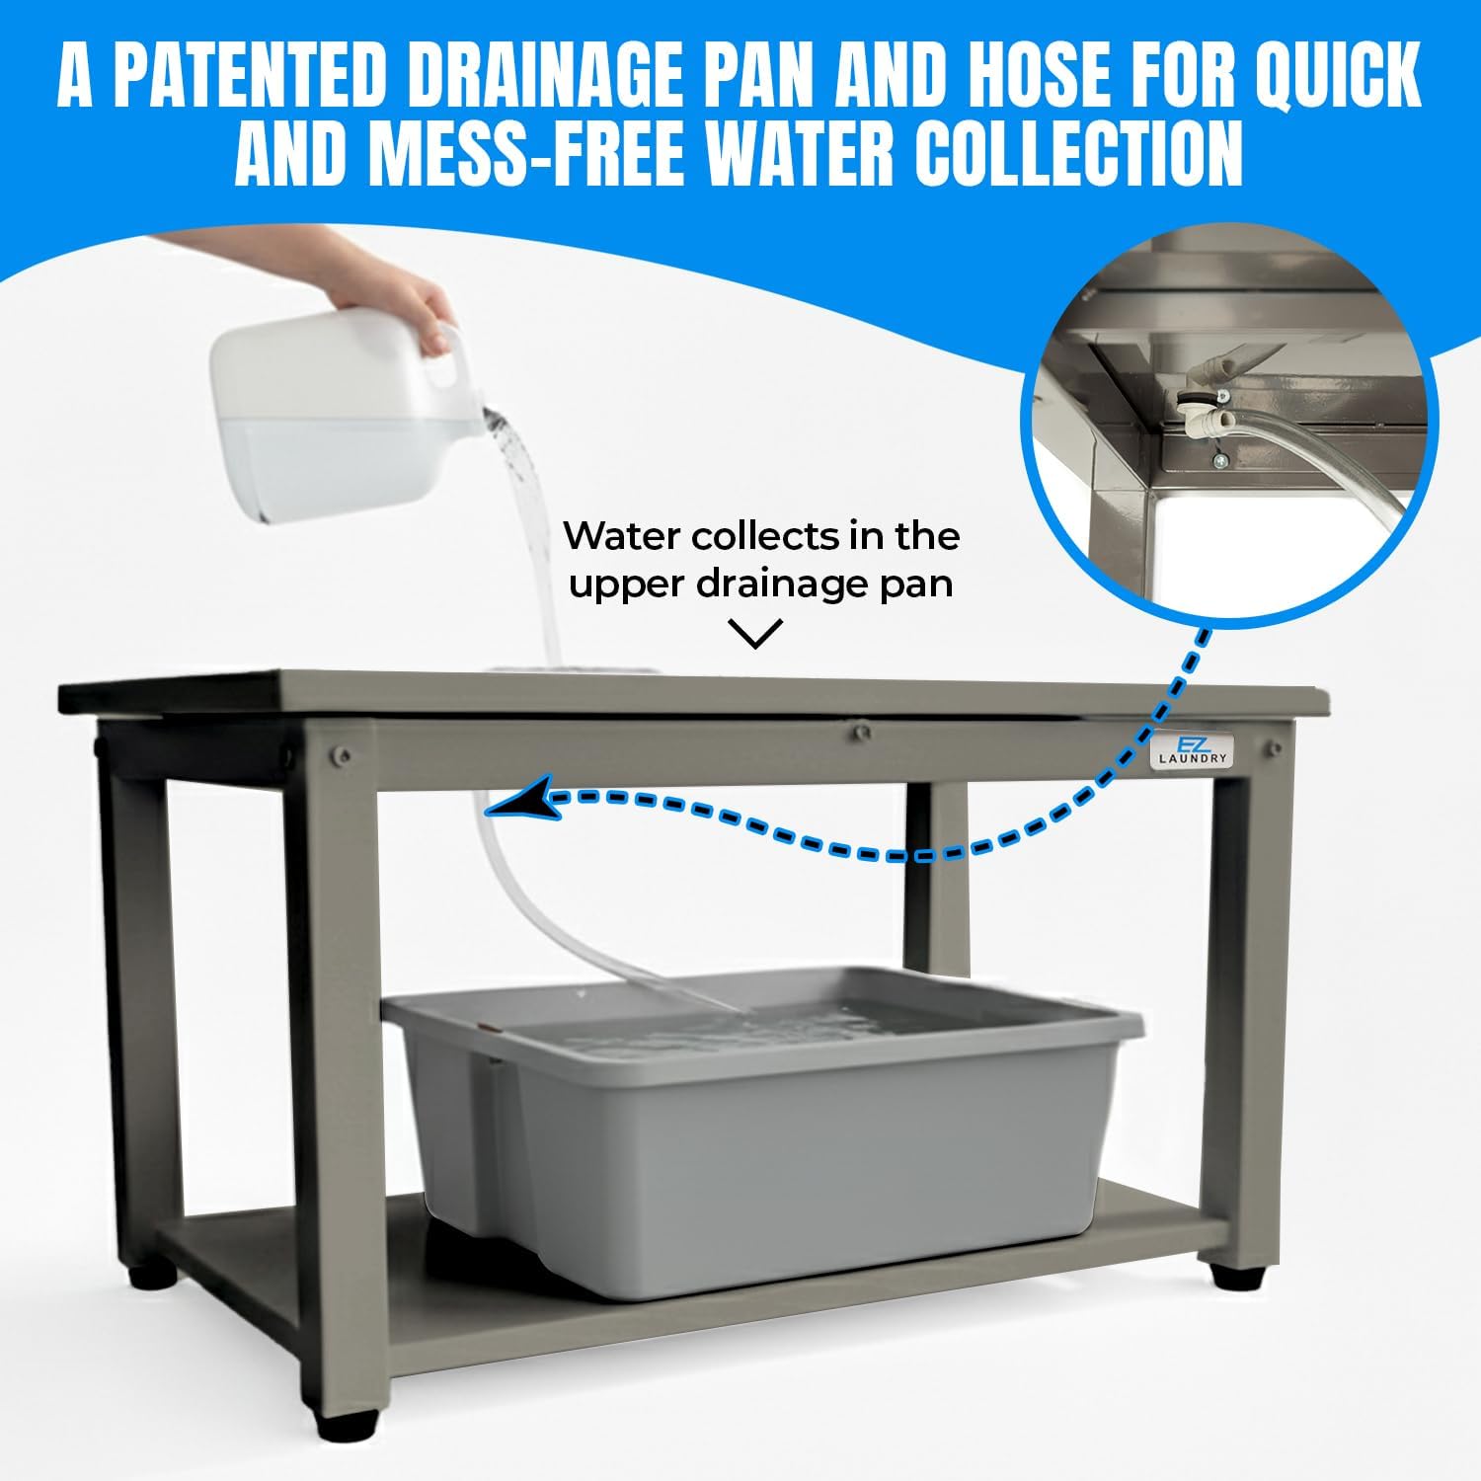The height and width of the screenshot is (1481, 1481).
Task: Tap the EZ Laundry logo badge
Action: tap(1192, 751)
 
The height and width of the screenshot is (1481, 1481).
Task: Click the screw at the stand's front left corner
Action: tap(342, 755)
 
